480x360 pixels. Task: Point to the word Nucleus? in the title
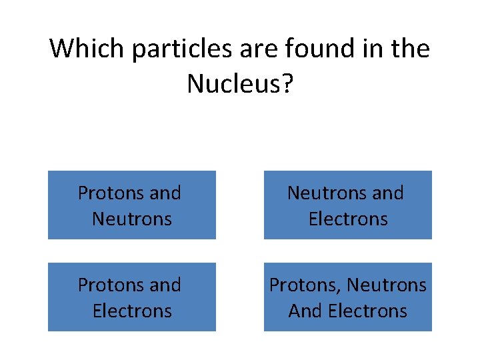point(239,84)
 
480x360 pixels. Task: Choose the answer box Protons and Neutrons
point(131,205)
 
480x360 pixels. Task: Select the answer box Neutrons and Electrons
point(347,205)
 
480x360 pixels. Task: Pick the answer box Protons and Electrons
point(131,297)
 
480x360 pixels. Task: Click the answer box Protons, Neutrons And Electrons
point(347,297)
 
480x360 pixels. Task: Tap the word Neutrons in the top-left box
point(132,219)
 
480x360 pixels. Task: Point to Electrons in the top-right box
point(348,219)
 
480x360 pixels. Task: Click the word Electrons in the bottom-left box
point(132,311)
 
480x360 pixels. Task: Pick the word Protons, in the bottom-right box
point(305,285)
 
